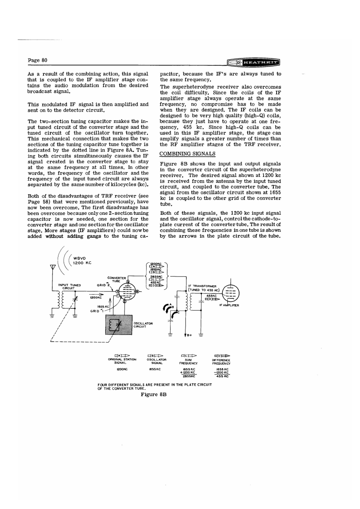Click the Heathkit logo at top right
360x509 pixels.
254,63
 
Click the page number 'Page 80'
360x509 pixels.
38,60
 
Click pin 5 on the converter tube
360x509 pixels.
128,282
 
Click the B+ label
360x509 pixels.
190,335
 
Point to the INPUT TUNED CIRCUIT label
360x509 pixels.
69,286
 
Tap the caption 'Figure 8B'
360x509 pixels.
154,394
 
